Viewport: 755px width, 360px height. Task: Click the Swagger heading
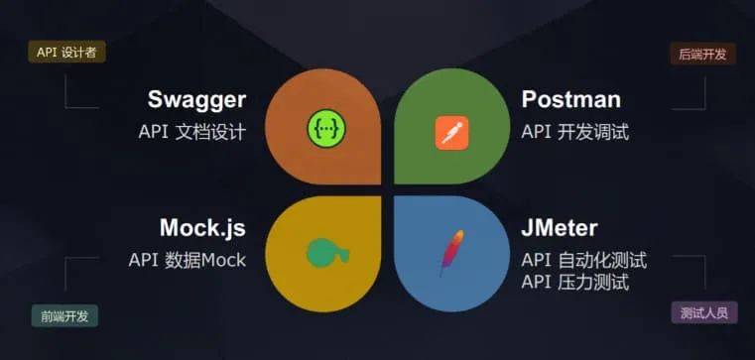[196, 99]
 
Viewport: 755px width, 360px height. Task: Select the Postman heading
[570, 99]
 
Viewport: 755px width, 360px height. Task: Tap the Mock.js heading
[202, 227]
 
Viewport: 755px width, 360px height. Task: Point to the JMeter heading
[560, 228]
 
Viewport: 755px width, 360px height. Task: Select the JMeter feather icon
[450, 252]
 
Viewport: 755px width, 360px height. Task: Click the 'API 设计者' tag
[66, 53]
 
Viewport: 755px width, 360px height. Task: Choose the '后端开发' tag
[702, 54]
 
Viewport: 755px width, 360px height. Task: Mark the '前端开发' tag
[64, 316]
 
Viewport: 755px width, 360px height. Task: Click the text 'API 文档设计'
[192, 132]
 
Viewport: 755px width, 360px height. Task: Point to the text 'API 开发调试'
[575, 132]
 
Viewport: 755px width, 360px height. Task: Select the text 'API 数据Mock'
[187, 260]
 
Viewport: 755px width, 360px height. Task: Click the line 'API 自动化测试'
[583, 260]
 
